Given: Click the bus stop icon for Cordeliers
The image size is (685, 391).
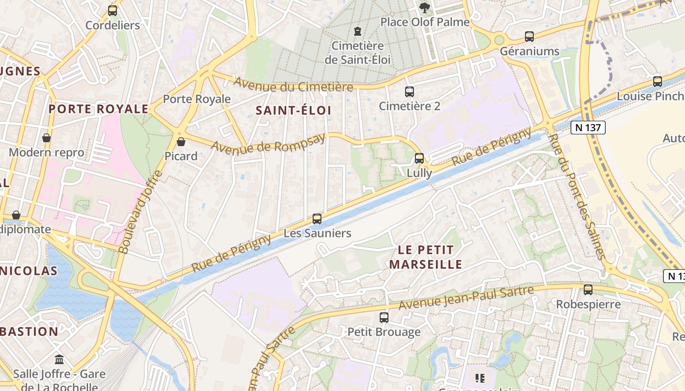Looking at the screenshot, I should pyautogui.click(x=113, y=10).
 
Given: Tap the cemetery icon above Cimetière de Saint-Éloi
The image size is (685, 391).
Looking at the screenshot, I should pyautogui.click(x=358, y=31).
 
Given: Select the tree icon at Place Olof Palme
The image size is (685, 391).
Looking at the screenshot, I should pyautogui.click(x=424, y=7).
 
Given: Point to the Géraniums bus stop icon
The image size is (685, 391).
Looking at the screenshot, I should pyautogui.click(x=529, y=36).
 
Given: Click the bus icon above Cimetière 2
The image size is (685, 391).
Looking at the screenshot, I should pyautogui.click(x=410, y=91).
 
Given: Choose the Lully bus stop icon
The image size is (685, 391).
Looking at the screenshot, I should pyautogui.click(x=419, y=158).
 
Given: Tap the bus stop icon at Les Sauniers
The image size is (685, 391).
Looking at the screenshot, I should pyautogui.click(x=317, y=219).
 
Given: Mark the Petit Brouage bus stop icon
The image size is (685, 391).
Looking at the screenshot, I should pyautogui.click(x=384, y=318).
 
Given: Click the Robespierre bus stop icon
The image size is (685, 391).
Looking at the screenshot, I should pyautogui.click(x=588, y=290).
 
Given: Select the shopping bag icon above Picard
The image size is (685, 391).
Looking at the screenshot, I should pyautogui.click(x=181, y=142).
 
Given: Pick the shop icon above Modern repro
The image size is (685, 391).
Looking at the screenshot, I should pyautogui.click(x=46, y=138).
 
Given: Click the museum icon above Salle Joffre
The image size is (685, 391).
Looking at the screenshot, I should pyautogui.click(x=59, y=360).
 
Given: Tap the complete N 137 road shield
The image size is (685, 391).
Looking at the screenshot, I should pyautogui.click(x=588, y=128).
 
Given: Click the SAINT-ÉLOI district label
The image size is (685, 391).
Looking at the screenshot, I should pyautogui.click(x=294, y=110).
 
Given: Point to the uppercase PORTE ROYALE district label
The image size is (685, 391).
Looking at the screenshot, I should pyautogui.click(x=98, y=109).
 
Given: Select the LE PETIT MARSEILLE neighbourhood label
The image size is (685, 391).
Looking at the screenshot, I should pyautogui.click(x=425, y=257).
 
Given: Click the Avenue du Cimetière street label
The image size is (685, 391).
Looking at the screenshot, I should pyautogui.click(x=293, y=84).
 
